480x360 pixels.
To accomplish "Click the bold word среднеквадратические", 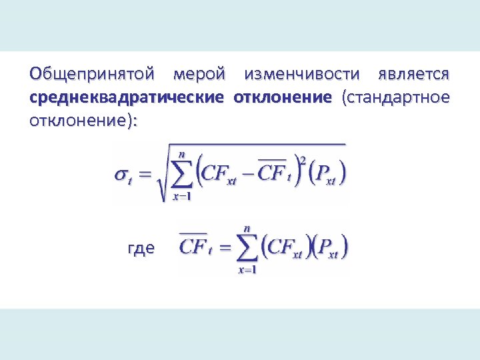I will coord(127,97).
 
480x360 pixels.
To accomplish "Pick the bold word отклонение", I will coord(282,97).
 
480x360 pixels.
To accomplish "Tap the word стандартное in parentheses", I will coord(395,97).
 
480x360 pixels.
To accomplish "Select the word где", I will coord(141,248).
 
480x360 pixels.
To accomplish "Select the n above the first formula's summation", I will coord(181,153).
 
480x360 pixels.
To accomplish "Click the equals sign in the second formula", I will coord(224,248).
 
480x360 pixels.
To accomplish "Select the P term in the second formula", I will coord(330,248).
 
